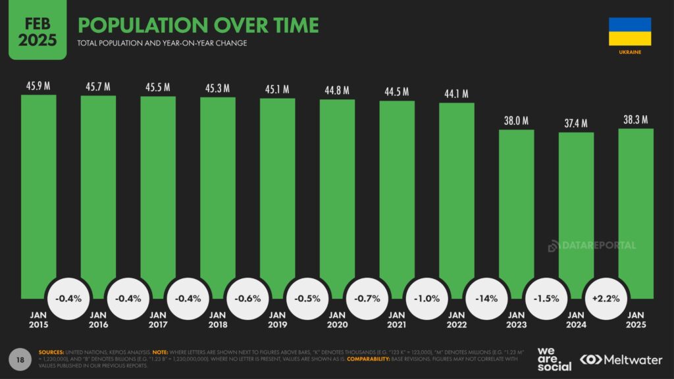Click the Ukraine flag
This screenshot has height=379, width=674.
(630, 32)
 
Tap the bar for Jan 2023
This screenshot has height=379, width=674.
(516, 211)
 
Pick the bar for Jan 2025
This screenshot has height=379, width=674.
(636, 211)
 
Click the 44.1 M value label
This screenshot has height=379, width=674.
(456, 94)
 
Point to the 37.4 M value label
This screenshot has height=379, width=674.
(576, 124)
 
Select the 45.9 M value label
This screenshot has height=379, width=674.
(38, 86)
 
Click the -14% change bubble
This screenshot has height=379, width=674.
(486, 298)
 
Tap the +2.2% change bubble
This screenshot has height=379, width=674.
(606, 298)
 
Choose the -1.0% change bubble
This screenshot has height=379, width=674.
(427, 298)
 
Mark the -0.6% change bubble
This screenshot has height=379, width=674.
(247, 298)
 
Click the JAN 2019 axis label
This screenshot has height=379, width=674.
(278, 320)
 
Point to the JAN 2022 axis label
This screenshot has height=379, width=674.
(457, 320)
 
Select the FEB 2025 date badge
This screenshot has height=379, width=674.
(38, 30)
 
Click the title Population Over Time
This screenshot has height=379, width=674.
(198, 25)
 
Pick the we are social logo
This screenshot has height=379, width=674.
(554, 359)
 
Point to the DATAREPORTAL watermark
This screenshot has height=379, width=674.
(592, 245)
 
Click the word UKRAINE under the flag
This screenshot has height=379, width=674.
(630, 51)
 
